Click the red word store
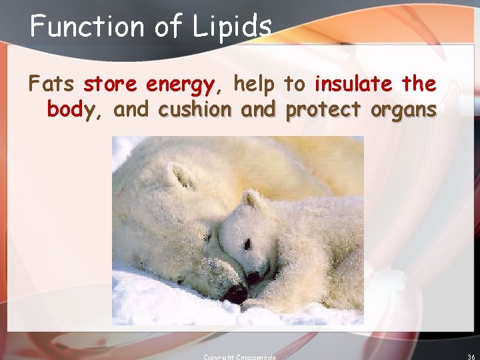pyautogui.click(x=111, y=85)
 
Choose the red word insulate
pyautogui.click(x=353, y=85)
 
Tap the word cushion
pyautogui.click(x=195, y=109)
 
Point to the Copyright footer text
pyautogui.click(x=240, y=357)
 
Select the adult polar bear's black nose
pyautogui.click(x=235, y=293)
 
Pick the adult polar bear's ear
pyautogui.click(x=179, y=176)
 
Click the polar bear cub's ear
pyautogui.click(x=252, y=199)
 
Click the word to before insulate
pyautogui.click(x=294, y=85)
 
